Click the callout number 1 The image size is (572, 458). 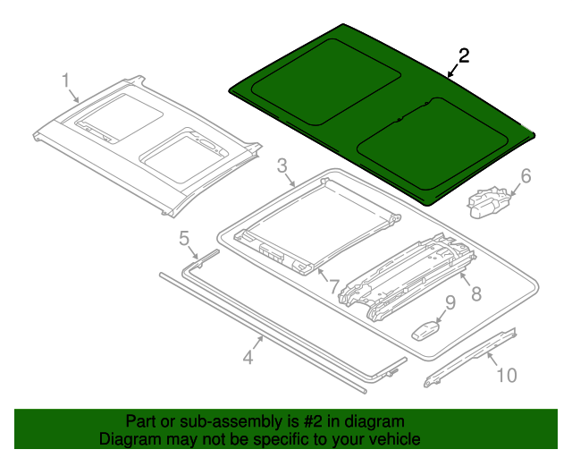coord(66,81)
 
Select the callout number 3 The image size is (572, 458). coord(282,165)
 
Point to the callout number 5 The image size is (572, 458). coord(184,238)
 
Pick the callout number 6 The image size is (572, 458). coord(526,176)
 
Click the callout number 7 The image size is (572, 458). coord(333,286)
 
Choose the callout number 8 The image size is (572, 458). coord(475,293)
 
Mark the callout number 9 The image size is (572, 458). coord(450,303)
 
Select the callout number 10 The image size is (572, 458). coord(506,375)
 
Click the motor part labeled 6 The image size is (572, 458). coord(488,199)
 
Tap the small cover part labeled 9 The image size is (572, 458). coord(427,328)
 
